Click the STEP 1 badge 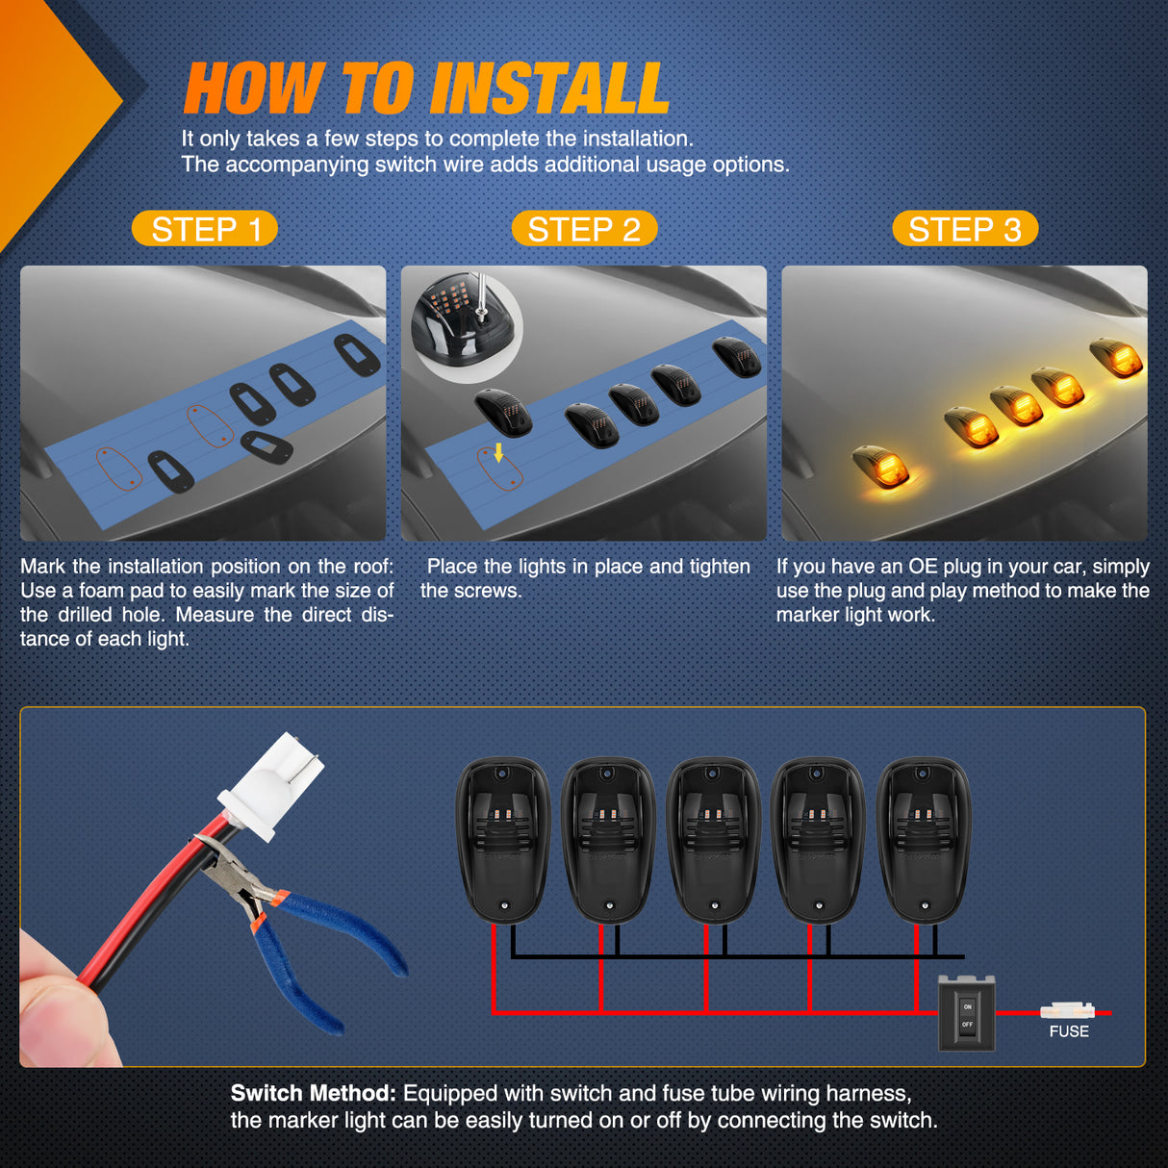(205, 229)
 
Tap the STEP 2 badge (584, 229)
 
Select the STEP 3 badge (965, 229)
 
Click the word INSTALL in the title (550, 89)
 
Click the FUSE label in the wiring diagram (1069, 1031)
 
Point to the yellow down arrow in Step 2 (498, 452)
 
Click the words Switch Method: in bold (314, 1093)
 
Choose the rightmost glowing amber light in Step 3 (1116, 359)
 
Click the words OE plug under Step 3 (948, 567)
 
